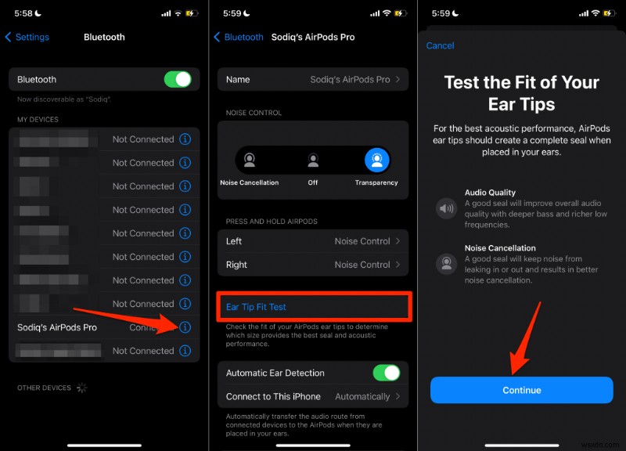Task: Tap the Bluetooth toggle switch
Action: pos(178,79)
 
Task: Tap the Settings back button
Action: pos(27,37)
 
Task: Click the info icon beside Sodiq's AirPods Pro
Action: pos(185,327)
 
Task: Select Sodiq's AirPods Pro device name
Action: pos(57,327)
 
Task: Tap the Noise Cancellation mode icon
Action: pos(249,161)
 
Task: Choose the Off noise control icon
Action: pos(313,161)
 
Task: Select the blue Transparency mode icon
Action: pos(376,161)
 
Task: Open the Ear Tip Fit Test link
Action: pos(256,307)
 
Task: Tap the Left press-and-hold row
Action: pos(312,241)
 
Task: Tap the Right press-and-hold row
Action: pos(312,265)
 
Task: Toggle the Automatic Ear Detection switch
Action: pos(386,373)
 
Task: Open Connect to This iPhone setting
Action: pos(312,396)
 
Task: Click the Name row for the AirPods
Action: pos(312,79)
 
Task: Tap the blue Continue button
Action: pos(521,390)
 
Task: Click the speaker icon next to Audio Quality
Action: pos(446,208)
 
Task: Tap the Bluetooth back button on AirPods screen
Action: pos(239,37)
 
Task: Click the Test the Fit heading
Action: pos(521,92)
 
